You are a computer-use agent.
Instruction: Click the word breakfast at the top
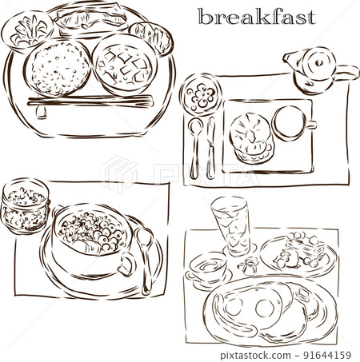(x=256, y=17)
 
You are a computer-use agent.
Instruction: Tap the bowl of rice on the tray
(x=58, y=64)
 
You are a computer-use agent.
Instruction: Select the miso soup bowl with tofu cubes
(x=122, y=66)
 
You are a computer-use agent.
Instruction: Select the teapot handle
(x=346, y=76)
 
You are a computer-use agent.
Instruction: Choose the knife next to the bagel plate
(x=211, y=148)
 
